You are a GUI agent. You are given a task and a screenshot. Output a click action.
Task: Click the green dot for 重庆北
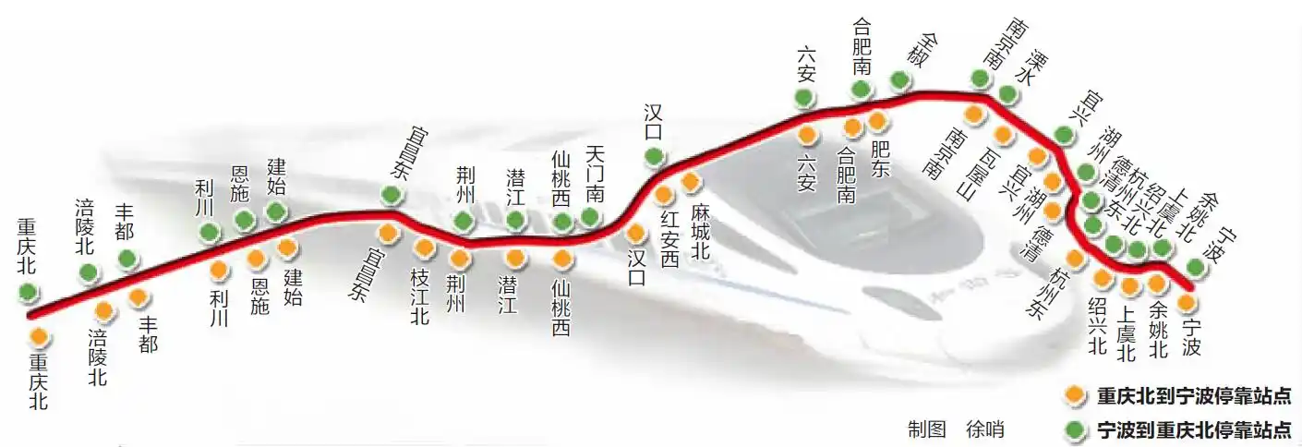[x=29, y=292]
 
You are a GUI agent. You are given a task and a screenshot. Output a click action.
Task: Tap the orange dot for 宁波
[x=1187, y=302]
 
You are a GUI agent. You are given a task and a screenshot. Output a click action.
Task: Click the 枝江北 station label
[x=419, y=296]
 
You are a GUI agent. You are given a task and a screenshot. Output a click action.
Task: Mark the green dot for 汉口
[x=654, y=157]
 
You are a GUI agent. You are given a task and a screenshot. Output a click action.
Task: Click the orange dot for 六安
[x=807, y=135]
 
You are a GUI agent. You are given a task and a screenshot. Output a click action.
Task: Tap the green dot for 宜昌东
[x=392, y=194]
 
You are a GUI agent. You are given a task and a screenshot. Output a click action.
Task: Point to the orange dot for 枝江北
[x=424, y=248]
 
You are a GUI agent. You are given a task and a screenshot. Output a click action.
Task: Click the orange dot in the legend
[x=1073, y=395]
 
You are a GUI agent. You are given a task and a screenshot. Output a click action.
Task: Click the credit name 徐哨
[x=985, y=429]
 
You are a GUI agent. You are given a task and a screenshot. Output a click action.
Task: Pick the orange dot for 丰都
[x=139, y=297]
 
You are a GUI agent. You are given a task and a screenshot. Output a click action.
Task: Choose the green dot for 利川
[x=210, y=232]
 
